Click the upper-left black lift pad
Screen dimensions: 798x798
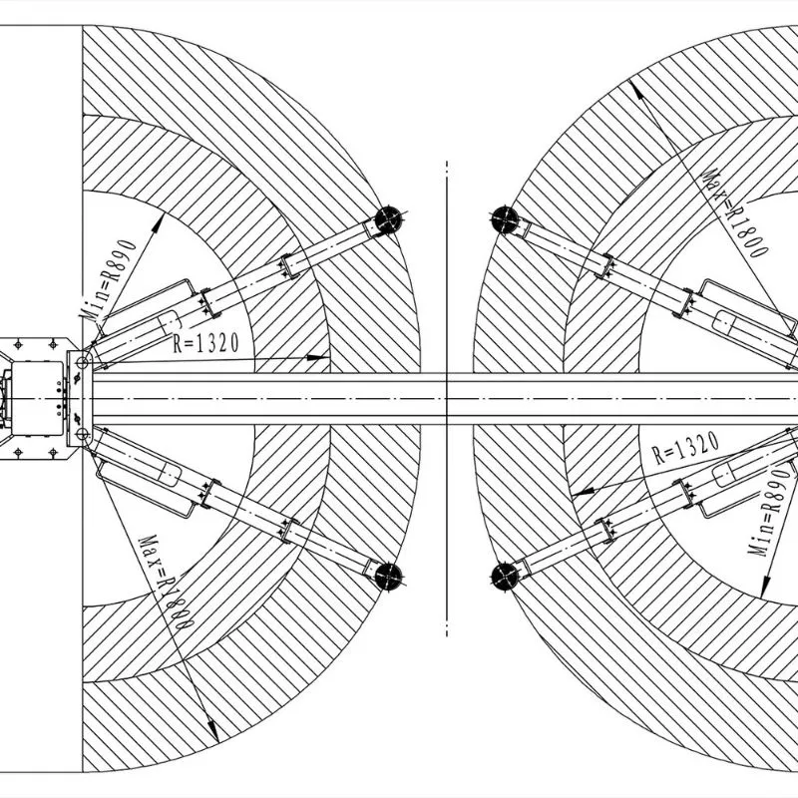(388, 219)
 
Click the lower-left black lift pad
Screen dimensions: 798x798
(388, 577)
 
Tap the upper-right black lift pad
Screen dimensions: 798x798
(505, 219)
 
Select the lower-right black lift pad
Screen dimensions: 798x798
(505, 577)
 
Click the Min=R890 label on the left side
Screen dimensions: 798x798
(109, 279)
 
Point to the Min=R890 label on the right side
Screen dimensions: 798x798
(771, 513)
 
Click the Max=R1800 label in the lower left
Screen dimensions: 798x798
(166, 583)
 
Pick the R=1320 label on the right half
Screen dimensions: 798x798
(686, 448)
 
